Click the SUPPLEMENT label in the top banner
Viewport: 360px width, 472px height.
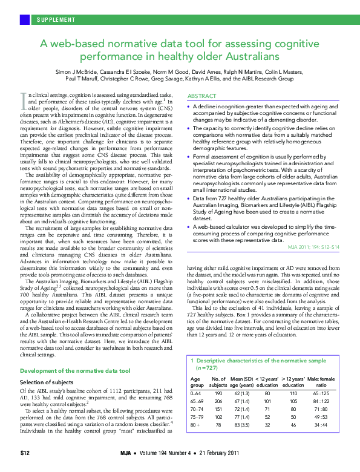click(x=56, y=19)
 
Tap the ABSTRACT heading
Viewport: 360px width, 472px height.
click(x=202, y=96)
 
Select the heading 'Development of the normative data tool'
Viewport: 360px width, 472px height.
click(x=76, y=370)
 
